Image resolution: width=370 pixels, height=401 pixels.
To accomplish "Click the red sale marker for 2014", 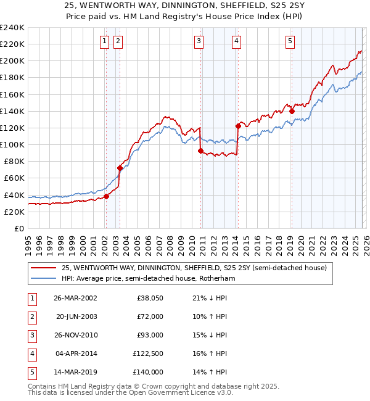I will (x=238, y=126).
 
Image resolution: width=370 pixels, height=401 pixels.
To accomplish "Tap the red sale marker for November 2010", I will (x=201, y=151).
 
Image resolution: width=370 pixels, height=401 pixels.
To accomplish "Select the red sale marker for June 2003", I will (x=120, y=168).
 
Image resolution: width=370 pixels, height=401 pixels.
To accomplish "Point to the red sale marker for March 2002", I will (x=106, y=196).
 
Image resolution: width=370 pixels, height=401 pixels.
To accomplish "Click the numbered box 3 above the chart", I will (x=199, y=41).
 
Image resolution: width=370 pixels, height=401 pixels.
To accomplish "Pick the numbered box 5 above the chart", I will (x=290, y=41).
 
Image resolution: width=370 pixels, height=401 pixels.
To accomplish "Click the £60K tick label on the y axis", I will (x=14, y=178).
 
